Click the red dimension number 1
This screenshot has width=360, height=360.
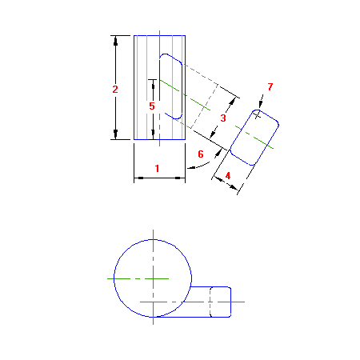tap(157, 168)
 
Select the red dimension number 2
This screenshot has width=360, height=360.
tap(115, 89)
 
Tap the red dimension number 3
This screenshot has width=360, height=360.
tap(223, 118)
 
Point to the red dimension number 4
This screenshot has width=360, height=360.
tap(228, 176)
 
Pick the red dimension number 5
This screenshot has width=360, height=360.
tap(152, 106)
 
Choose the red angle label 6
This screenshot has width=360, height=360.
tap(201, 154)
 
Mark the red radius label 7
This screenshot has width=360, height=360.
tap(270, 86)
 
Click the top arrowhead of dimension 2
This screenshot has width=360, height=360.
tap(115, 40)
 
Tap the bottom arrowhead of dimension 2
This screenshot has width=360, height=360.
tap(115, 134)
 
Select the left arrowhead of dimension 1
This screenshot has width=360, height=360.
tap(138, 178)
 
